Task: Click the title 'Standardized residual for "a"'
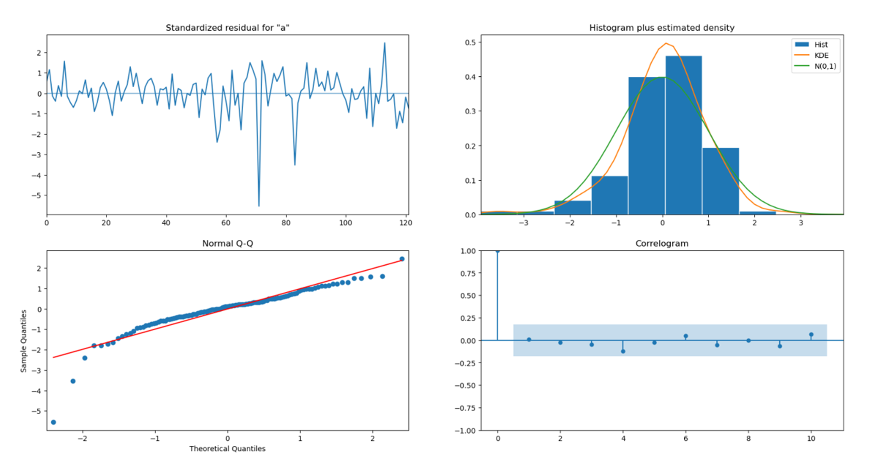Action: [x=227, y=28]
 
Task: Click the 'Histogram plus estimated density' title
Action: [x=661, y=28]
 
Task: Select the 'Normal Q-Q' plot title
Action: [x=227, y=243]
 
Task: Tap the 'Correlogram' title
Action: [x=661, y=243]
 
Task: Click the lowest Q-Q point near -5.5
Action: [x=53, y=422]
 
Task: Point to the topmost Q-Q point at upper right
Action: [x=402, y=259]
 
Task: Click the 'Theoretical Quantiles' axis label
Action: [x=227, y=448]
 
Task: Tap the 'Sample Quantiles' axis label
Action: [x=23, y=340]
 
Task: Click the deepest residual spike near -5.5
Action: [x=258, y=206]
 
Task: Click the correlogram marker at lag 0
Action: [x=497, y=251]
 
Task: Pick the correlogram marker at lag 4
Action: [x=623, y=351]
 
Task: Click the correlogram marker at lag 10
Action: [x=811, y=335]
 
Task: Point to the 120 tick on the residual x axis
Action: [x=405, y=223]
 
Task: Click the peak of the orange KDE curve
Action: [x=666, y=43]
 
